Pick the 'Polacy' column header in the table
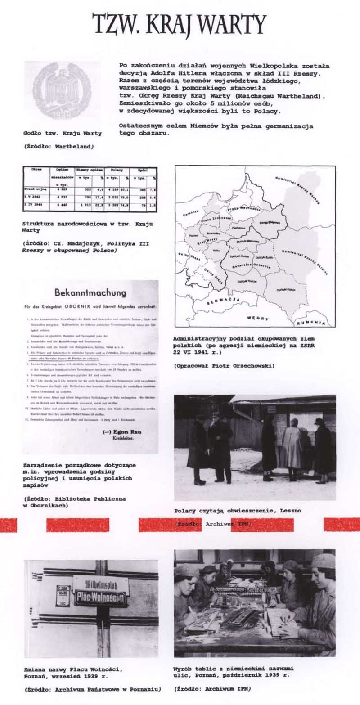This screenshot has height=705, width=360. click(117, 171)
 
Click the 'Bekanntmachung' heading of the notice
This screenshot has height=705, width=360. click(90, 292)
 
